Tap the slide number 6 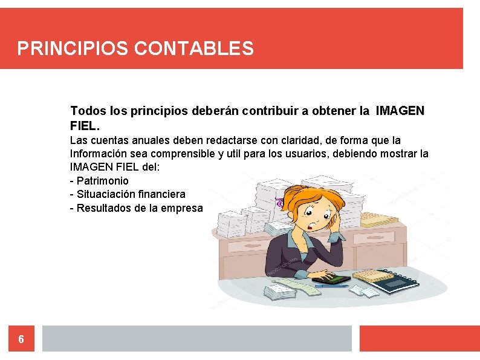21,339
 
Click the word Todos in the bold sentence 88,111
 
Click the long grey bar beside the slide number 196,339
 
